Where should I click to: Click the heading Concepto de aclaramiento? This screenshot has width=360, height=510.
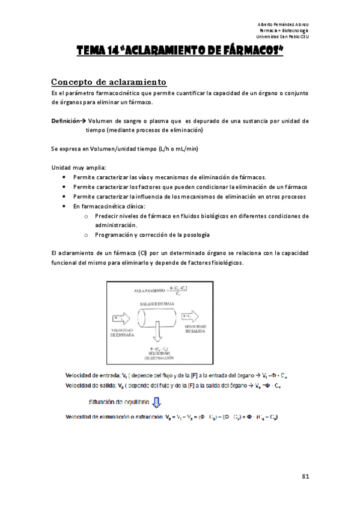[108, 82]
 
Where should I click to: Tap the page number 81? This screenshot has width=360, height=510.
[305, 476]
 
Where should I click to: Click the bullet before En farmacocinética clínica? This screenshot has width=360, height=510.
[64, 206]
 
